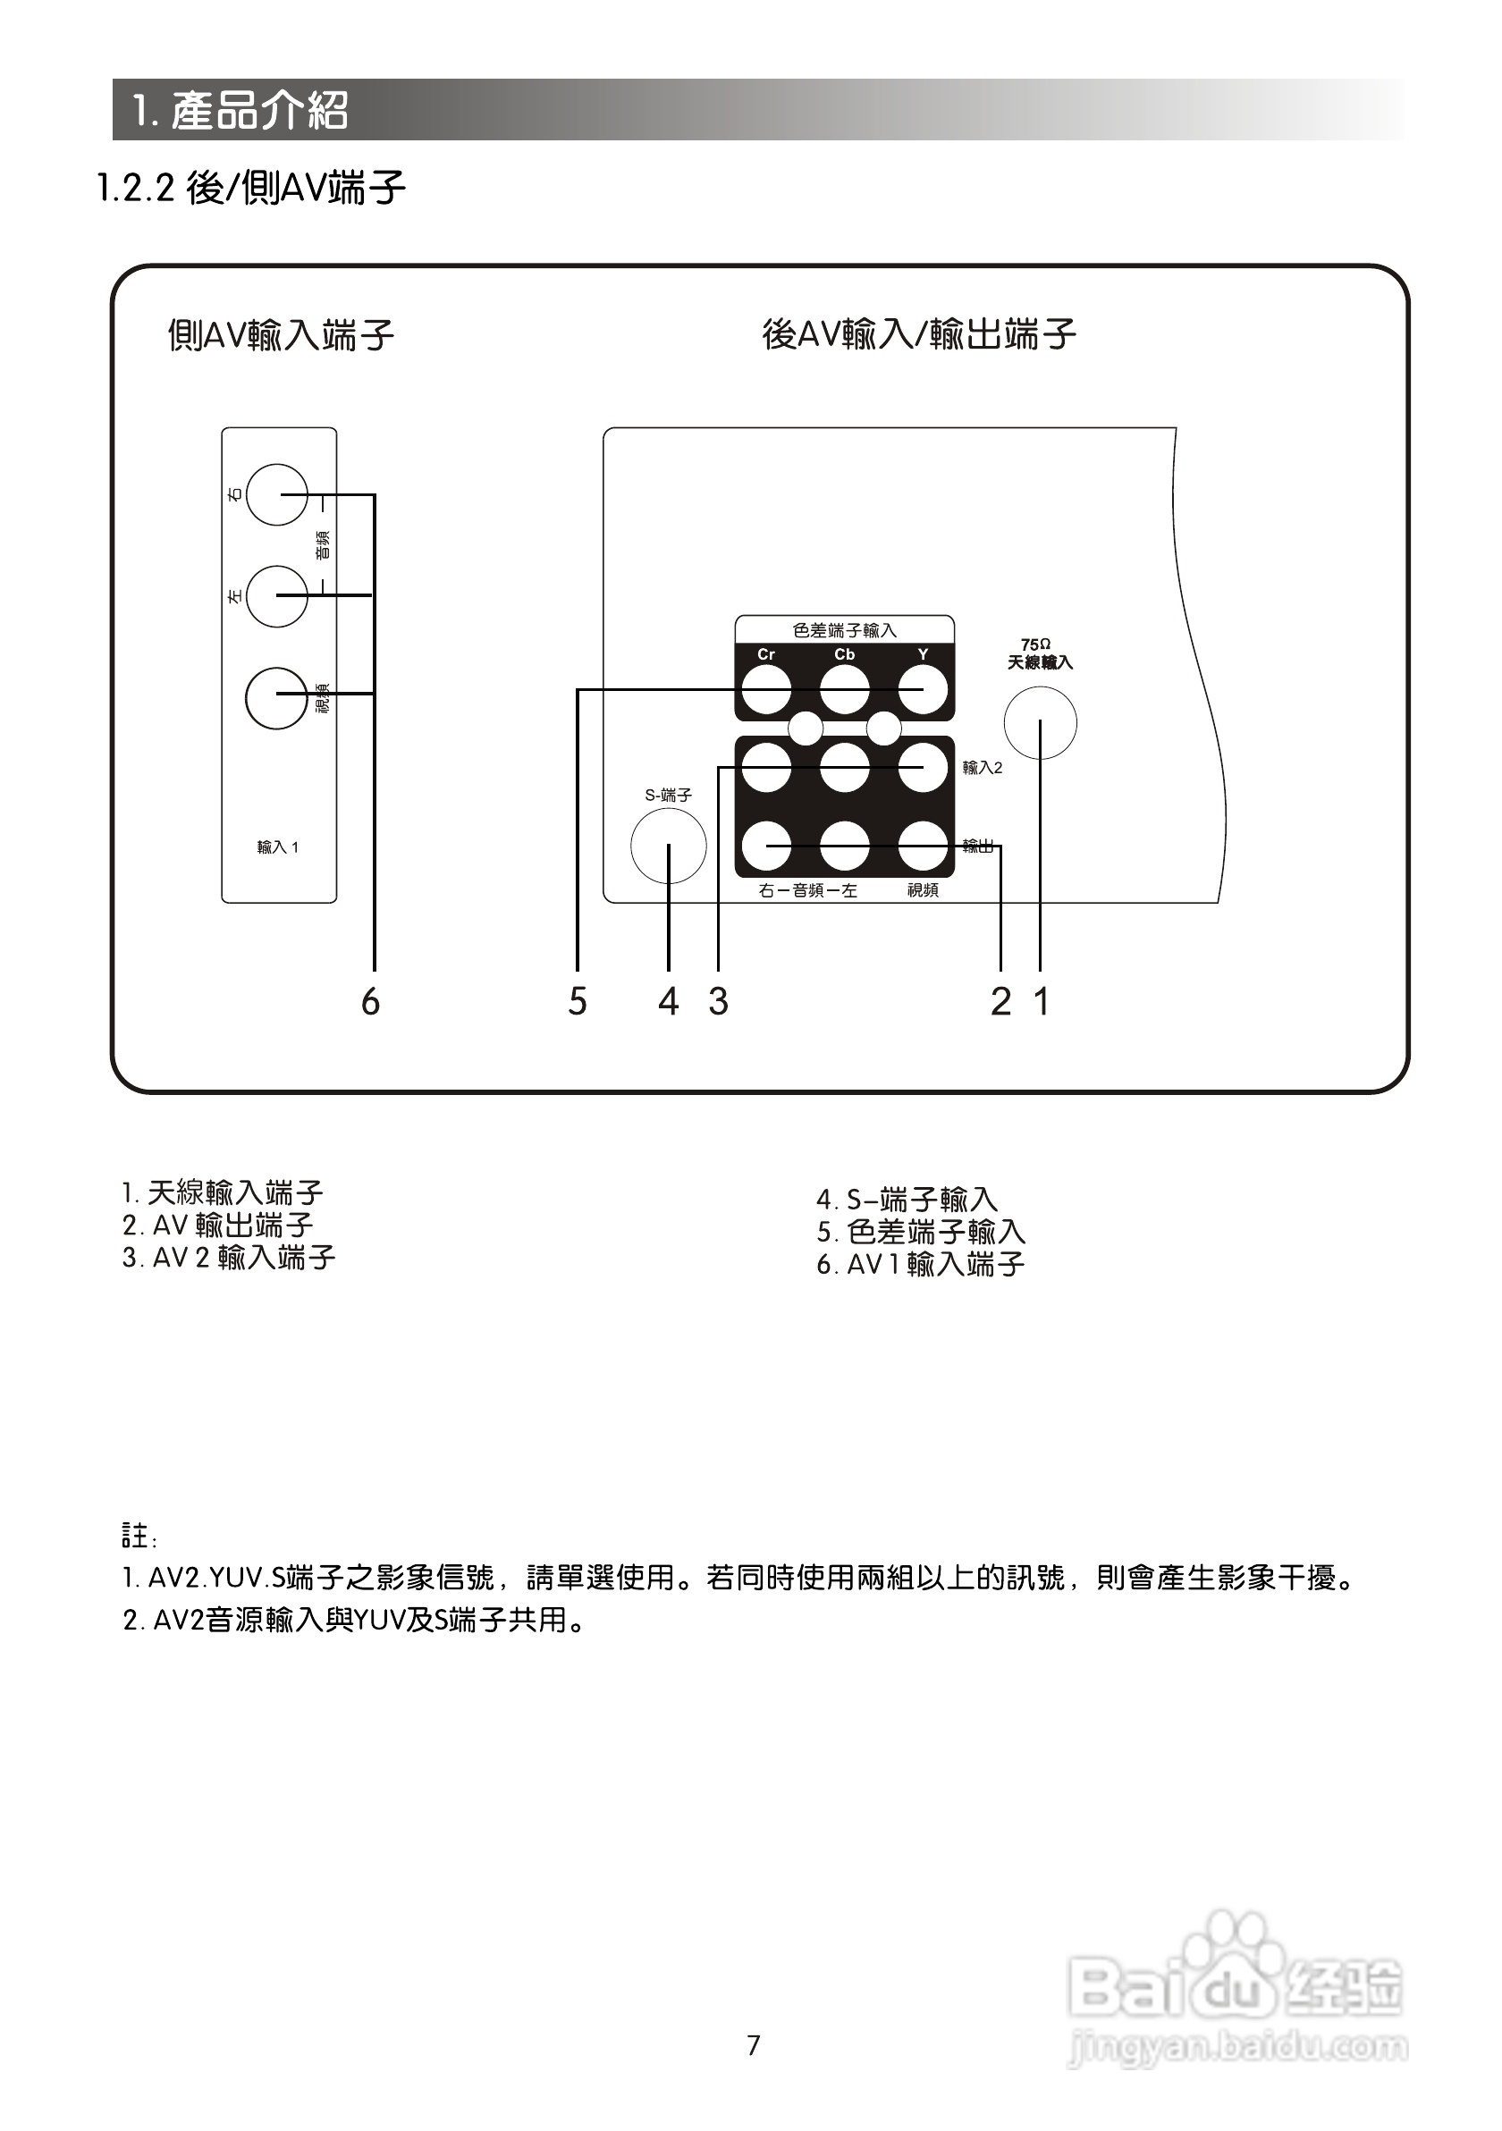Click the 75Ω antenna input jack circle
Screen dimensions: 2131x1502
1040,722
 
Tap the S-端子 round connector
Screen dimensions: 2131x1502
669,846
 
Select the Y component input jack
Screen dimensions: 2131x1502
923,691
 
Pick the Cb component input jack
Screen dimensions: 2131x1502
845,691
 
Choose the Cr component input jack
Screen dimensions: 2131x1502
766,691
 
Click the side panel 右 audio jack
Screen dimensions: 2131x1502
276,494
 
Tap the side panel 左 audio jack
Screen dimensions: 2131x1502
276,595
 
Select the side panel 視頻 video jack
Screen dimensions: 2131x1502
276,698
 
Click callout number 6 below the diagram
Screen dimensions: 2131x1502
370,1001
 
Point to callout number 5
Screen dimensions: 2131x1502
578,1001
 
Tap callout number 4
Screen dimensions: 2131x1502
669,1001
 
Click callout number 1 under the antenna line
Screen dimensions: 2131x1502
1042,1001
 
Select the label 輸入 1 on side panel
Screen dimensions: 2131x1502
277,847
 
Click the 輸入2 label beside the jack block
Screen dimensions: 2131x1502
983,769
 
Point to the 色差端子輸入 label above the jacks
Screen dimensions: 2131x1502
845,631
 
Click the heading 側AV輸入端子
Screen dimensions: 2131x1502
281,335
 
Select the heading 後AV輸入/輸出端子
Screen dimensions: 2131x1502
919,334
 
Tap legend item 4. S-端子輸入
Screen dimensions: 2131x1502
907,1200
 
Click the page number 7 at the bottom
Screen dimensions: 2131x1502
754,2045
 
